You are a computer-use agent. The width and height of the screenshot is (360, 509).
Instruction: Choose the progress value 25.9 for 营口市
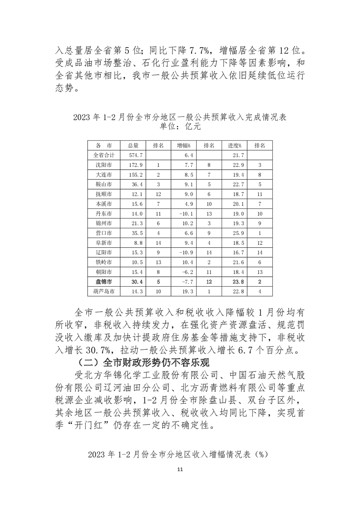pyautogui.click(x=234, y=233)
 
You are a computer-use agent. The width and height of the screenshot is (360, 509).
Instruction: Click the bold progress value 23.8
pyautogui.click(x=234, y=281)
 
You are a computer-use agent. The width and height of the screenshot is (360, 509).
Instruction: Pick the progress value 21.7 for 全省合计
pyautogui.click(x=234, y=155)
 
